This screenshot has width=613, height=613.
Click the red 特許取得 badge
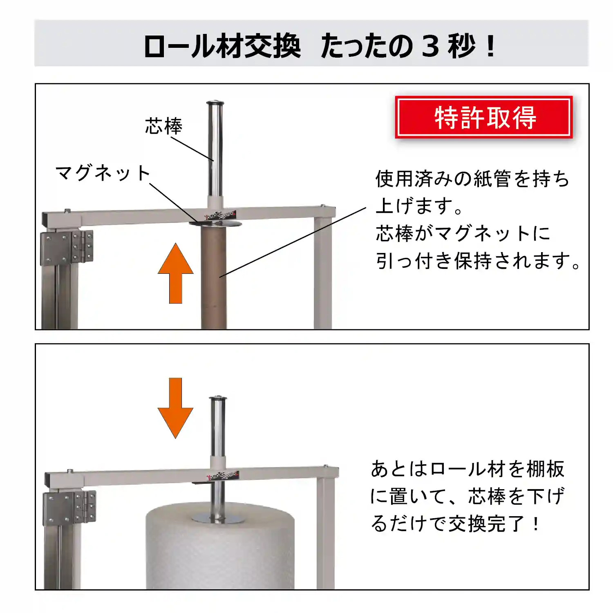coord(484,117)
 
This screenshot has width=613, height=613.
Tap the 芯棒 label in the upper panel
coord(163,126)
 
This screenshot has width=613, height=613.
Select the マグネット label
coord(103,173)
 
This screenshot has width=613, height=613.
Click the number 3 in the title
coord(430,46)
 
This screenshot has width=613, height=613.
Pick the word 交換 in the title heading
coord(272,46)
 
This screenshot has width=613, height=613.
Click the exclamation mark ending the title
coord(491,46)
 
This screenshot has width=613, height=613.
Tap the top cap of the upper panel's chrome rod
coord(215,103)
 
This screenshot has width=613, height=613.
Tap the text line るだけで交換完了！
coord(455,524)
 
